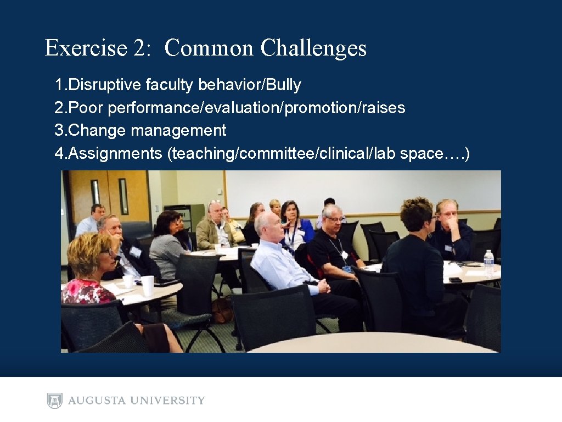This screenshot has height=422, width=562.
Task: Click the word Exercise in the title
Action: (86, 48)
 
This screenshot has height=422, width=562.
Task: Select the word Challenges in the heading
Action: (313, 48)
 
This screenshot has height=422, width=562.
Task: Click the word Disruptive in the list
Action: (104, 85)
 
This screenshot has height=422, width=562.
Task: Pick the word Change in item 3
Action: (97, 130)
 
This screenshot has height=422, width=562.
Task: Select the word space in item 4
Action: (420, 153)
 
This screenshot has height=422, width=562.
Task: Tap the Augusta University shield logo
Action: (54, 401)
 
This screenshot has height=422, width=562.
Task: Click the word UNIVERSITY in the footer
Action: (170, 401)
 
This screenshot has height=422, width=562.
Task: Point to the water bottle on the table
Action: (488, 263)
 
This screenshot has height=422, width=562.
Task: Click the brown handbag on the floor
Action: (222, 310)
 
